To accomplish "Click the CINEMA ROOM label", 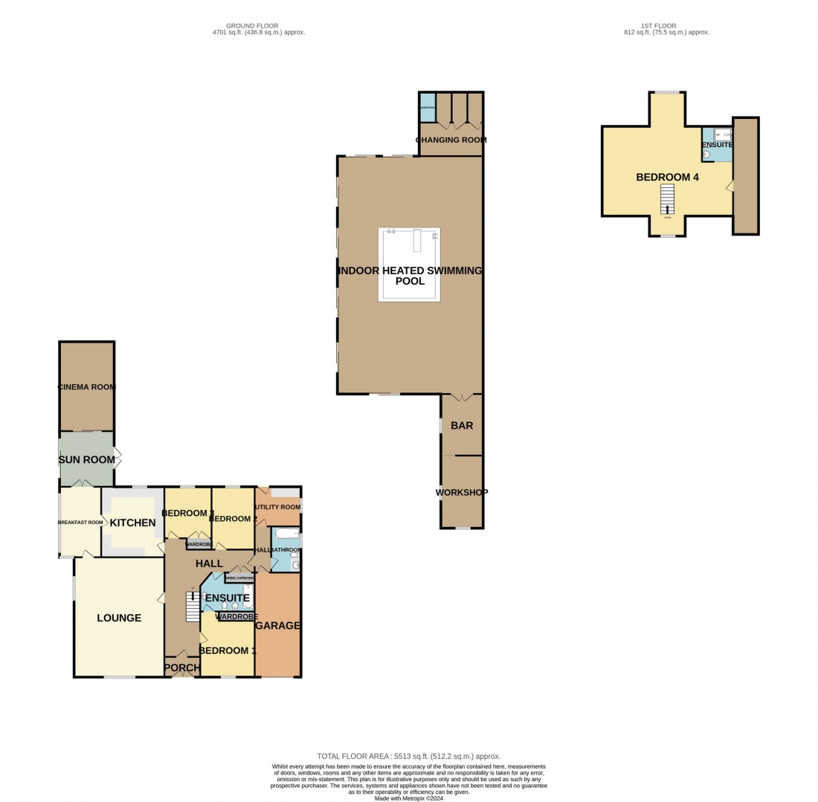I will (87, 387).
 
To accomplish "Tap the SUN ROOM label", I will (87, 460).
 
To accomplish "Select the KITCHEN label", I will (133, 523).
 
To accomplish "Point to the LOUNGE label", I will (119, 618).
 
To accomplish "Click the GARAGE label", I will (277, 626).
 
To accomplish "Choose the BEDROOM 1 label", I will (227, 650).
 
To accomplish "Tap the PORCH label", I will (182, 668).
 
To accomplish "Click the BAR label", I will (462, 426).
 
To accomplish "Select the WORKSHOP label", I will (462, 492).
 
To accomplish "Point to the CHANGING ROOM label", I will (451, 140).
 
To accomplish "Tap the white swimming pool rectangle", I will (409, 265).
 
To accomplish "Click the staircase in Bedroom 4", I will (667, 198).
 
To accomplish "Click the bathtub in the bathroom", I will (286, 534).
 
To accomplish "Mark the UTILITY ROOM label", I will (277, 507).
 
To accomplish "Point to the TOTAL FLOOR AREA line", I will (408, 756).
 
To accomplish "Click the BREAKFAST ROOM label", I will (80, 522).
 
